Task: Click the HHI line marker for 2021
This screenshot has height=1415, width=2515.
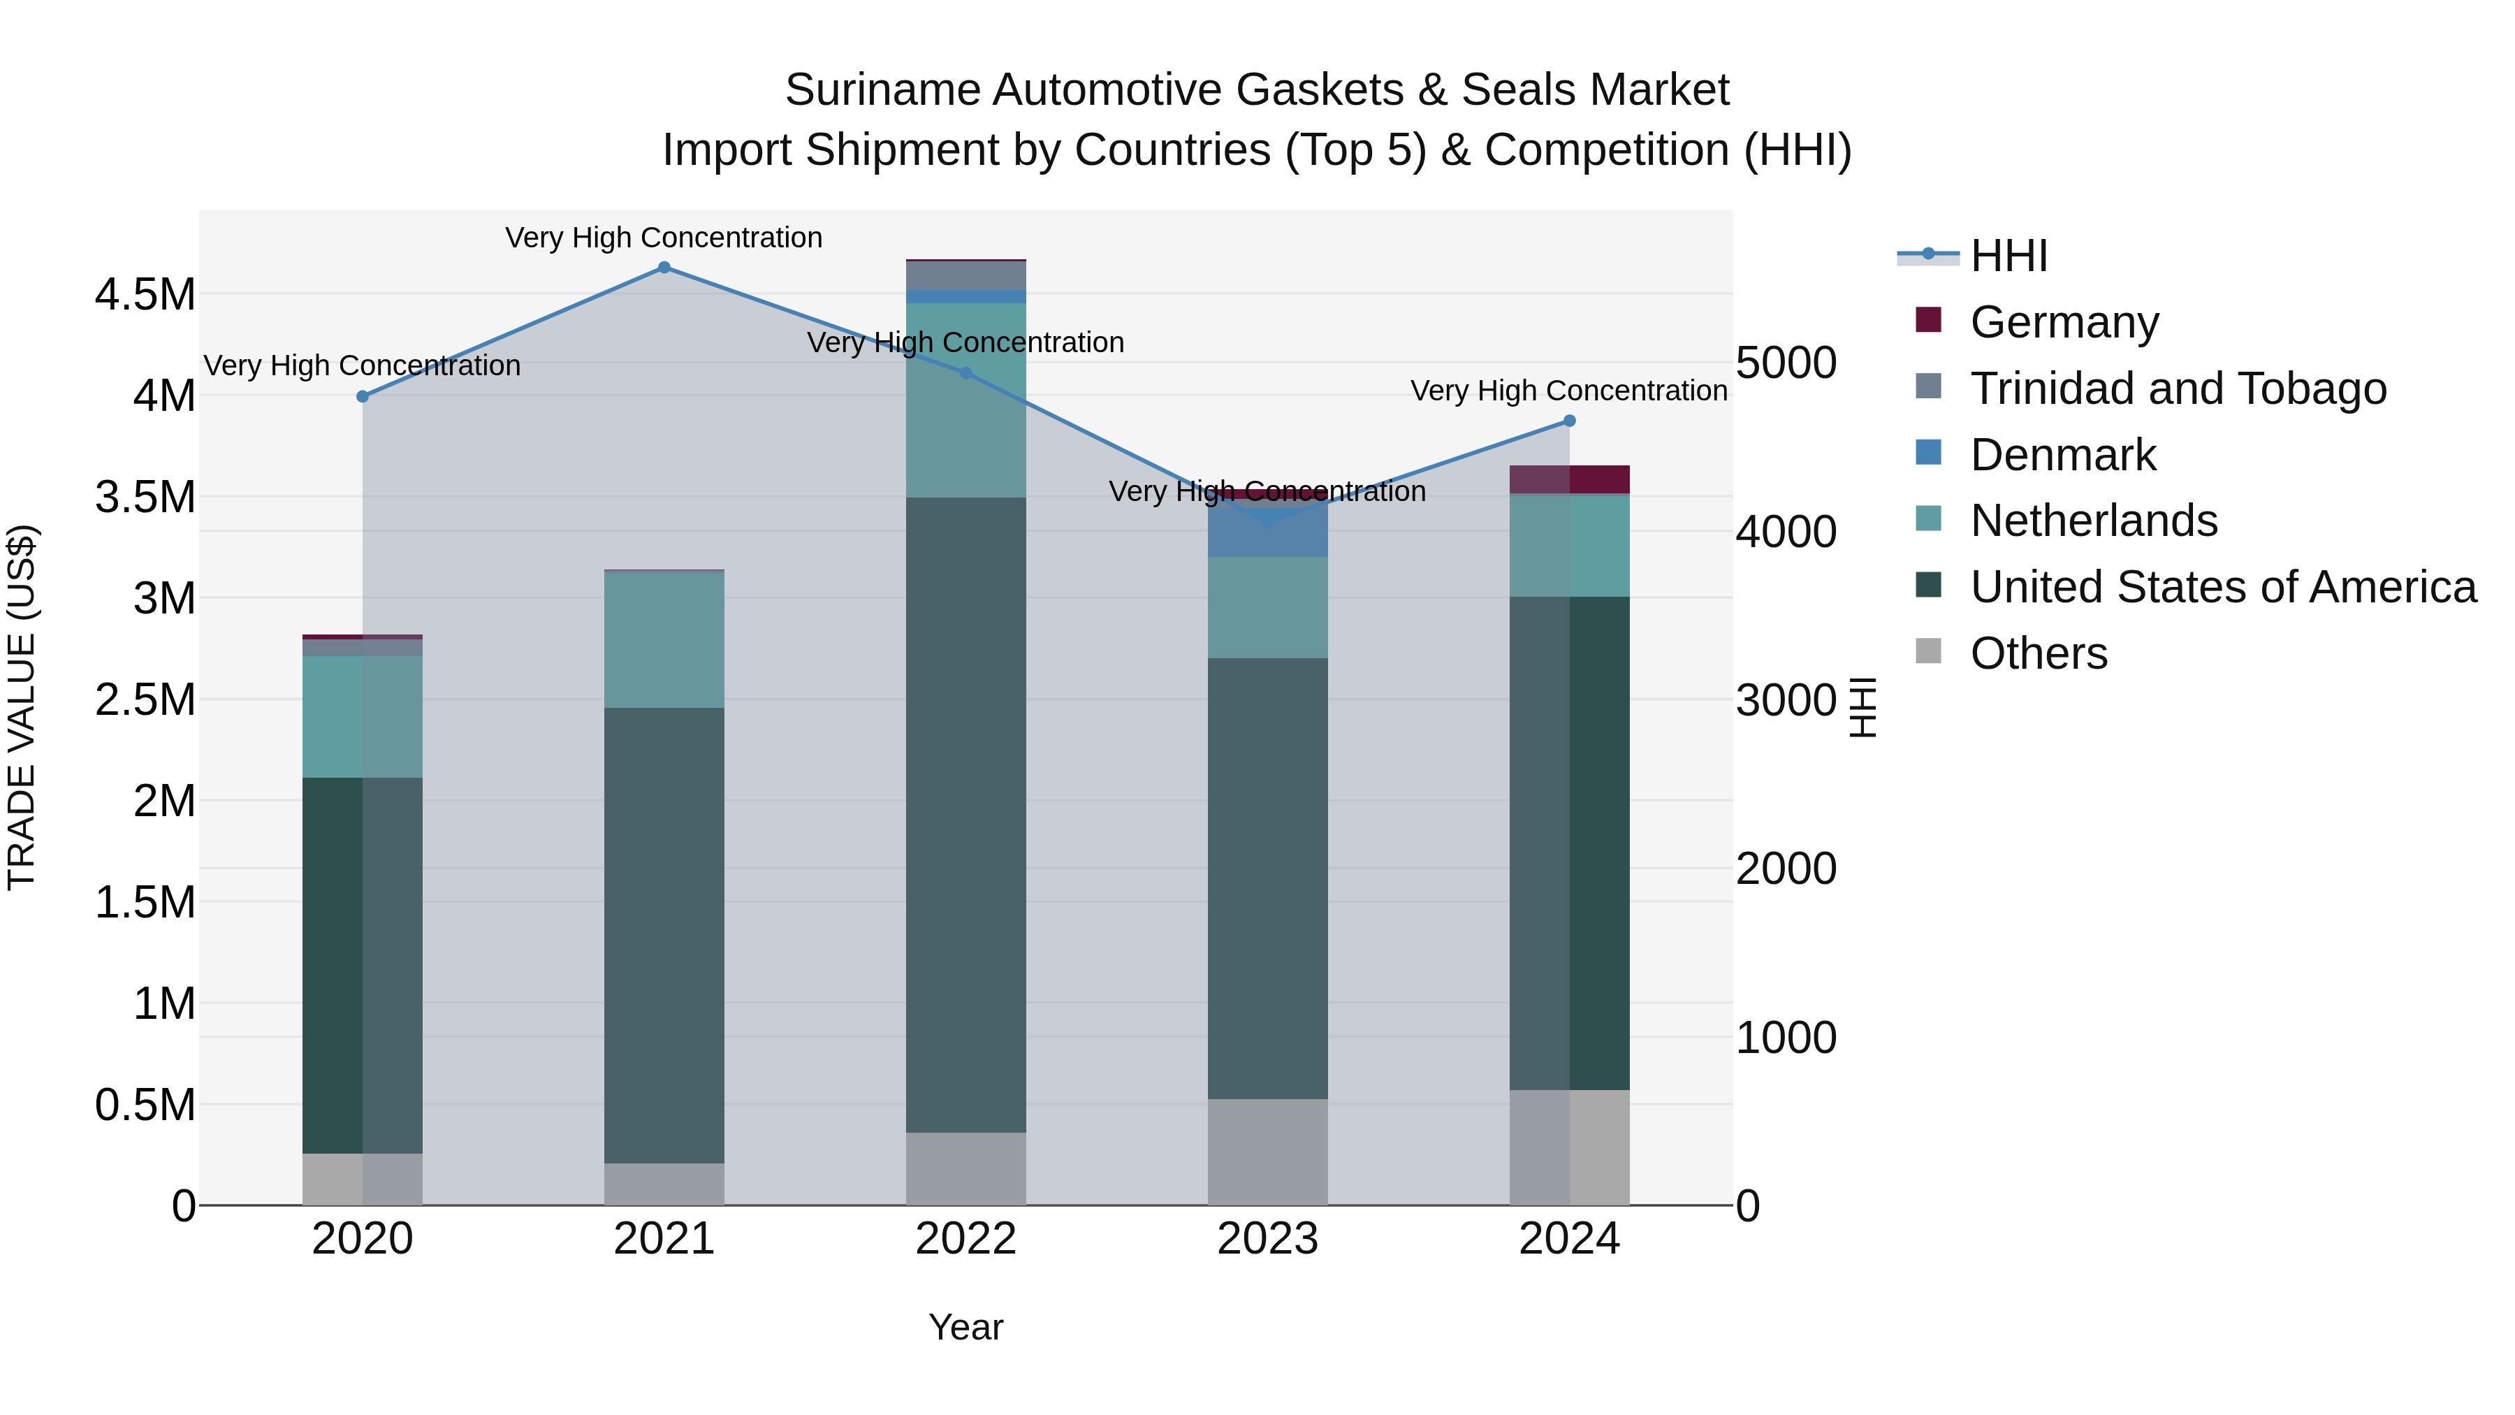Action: tap(664, 268)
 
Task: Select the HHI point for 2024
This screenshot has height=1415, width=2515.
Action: tap(1569, 421)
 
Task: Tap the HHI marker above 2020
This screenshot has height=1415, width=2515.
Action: tap(362, 396)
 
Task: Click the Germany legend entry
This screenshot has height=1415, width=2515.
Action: tap(2064, 321)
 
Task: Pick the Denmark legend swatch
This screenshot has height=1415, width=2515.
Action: tap(1928, 453)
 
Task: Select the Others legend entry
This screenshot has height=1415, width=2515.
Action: tap(2039, 653)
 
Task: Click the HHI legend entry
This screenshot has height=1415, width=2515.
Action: tap(2009, 256)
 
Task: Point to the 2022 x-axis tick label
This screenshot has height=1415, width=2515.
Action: tap(965, 1239)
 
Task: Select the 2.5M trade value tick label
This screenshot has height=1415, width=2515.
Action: tap(145, 700)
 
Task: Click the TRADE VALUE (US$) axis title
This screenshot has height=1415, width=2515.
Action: tap(22, 707)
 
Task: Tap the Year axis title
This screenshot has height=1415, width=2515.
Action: tap(965, 1327)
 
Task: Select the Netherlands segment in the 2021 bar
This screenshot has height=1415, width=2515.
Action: tap(664, 639)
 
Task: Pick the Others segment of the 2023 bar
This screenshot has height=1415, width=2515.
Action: tap(1267, 1152)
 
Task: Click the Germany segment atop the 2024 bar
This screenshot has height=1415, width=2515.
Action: tap(1569, 479)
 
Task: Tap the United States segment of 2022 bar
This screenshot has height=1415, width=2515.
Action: tap(965, 815)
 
